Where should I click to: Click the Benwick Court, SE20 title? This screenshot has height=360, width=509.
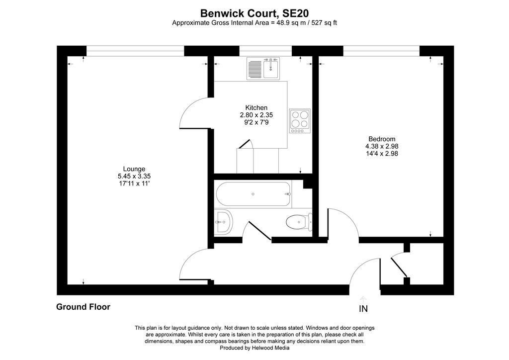click(x=254, y=13)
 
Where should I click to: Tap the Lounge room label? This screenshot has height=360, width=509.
click(x=134, y=169)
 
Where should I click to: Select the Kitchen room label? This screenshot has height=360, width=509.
click(x=256, y=107)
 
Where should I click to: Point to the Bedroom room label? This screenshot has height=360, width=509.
click(x=382, y=139)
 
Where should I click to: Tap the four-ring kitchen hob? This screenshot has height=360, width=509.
click(x=300, y=121)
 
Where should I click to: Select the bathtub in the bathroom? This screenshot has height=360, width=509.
click(x=253, y=194)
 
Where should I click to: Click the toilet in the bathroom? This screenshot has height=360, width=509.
click(x=299, y=222)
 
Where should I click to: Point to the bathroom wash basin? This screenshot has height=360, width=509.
click(x=223, y=222)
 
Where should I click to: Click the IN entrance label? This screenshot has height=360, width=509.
click(x=363, y=309)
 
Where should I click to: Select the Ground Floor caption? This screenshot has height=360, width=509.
click(x=83, y=307)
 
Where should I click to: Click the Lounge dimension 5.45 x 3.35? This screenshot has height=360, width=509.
click(x=134, y=176)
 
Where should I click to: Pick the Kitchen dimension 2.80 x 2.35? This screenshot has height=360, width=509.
click(x=256, y=115)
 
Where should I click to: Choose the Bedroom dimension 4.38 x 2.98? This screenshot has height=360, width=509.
click(x=382, y=146)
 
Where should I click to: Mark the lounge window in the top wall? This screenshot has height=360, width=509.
click(x=135, y=51)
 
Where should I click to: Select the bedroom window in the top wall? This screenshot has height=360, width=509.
click(x=381, y=51)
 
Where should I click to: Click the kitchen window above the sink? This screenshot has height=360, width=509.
click(x=265, y=51)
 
